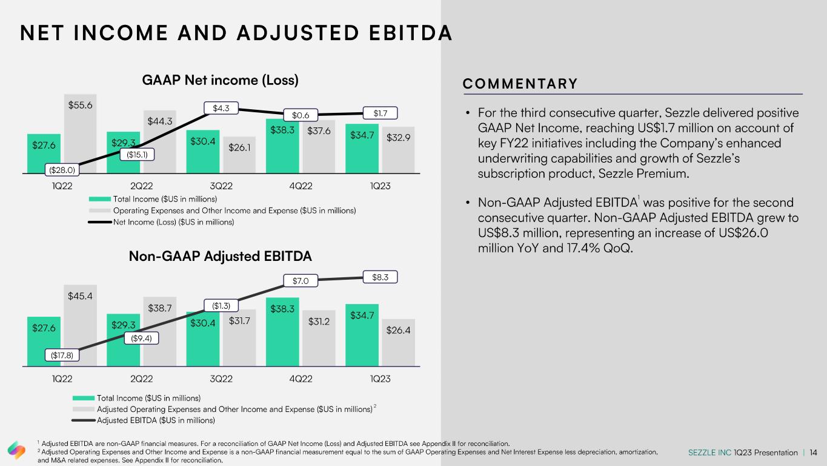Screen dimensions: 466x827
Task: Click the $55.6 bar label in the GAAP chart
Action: tap(81, 105)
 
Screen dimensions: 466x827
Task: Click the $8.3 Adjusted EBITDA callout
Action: tap(380, 277)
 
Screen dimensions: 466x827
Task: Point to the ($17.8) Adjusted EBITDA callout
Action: tap(62, 356)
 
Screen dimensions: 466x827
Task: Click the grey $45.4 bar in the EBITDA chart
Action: tap(81, 334)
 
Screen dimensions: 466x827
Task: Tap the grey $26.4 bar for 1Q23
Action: tap(399, 343)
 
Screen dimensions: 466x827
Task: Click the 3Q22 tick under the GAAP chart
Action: tap(221, 186)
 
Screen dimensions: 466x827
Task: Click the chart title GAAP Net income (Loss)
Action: tap(221, 80)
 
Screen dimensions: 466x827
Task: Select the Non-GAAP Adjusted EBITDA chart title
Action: tap(221, 256)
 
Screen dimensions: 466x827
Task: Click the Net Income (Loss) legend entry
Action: tap(173, 222)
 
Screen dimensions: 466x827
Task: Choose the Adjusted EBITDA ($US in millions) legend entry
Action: tap(156, 420)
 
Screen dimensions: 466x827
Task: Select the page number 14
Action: tap(813, 453)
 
